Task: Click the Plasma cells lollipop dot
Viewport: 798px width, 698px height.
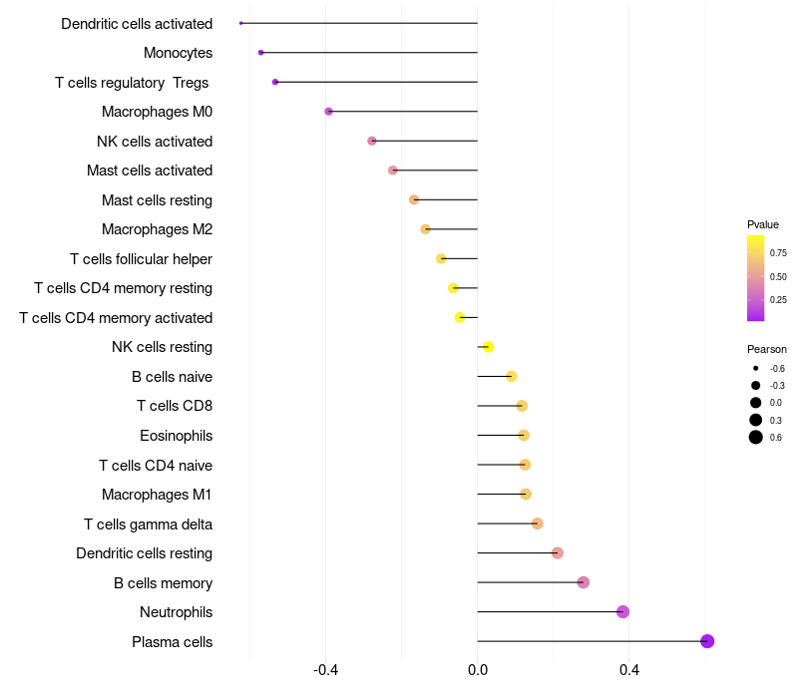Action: click(707, 641)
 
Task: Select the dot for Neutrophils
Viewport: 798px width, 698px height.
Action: click(623, 612)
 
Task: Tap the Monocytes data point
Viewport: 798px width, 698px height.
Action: click(261, 53)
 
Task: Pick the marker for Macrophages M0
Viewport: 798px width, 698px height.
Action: click(329, 112)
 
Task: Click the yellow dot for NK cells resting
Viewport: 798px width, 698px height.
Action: click(489, 347)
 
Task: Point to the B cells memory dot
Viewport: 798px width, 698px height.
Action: click(584, 582)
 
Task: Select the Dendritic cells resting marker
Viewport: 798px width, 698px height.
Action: click(558, 553)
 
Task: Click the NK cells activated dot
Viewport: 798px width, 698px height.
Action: click(372, 141)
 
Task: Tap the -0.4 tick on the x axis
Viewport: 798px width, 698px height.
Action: click(325, 671)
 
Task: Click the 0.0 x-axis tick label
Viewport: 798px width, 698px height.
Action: click(478, 671)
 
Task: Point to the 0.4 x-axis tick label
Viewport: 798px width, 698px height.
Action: click(629, 671)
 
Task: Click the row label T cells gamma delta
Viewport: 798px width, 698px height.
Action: click(148, 523)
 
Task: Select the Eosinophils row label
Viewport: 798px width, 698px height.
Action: click(176, 436)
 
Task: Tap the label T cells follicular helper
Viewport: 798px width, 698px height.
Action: click(141, 259)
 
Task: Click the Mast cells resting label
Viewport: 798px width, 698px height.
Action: click(157, 200)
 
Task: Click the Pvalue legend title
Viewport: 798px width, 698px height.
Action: click(763, 224)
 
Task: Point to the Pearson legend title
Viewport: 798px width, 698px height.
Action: click(767, 349)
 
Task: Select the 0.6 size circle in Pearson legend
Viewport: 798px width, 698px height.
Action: click(756, 437)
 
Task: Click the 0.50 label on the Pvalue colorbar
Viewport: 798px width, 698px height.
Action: click(778, 276)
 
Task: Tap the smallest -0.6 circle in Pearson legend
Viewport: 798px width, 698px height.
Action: click(756, 368)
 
